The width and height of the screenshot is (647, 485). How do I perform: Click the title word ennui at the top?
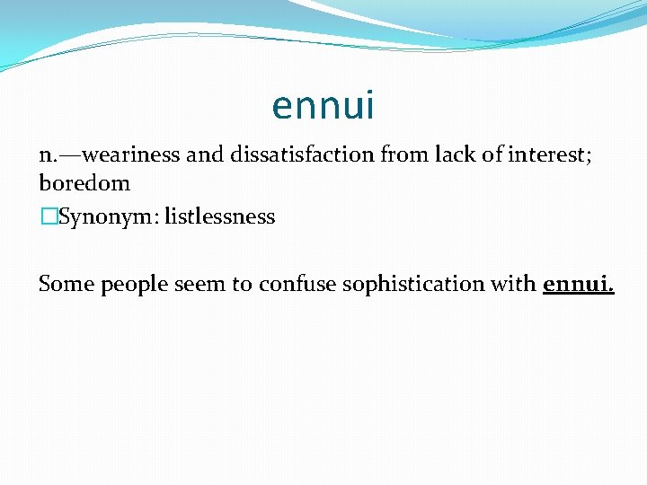click(x=323, y=106)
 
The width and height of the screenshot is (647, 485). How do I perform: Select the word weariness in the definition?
click(x=137, y=155)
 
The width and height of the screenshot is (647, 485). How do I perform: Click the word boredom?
click(x=84, y=183)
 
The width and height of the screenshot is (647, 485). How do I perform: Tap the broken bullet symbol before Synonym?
click(x=48, y=217)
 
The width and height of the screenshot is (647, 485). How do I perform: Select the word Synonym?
click(x=108, y=217)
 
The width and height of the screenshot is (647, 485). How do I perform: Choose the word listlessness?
click(x=220, y=217)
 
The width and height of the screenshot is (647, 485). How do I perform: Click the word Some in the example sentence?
click(x=66, y=285)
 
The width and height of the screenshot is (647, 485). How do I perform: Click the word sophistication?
click(x=415, y=285)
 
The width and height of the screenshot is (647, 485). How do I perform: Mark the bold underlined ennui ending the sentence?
click(x=578, y=285)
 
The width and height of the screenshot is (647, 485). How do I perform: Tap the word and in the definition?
click(x=206, y=155)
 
